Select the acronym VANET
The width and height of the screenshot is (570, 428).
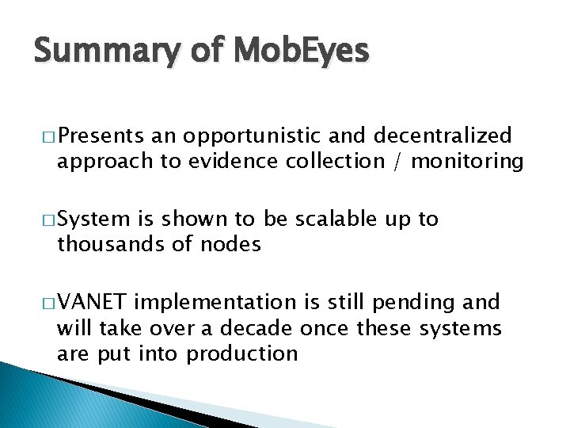pos(93,302)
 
